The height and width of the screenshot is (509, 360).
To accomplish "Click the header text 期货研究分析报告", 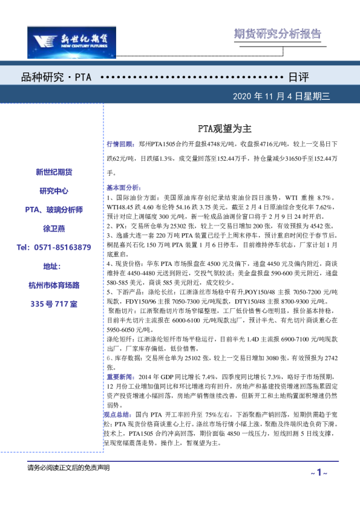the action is click(278, 34).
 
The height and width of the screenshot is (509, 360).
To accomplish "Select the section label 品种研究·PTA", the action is click(56, 79).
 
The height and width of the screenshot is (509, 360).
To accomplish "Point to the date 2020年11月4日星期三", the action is click(281, 96).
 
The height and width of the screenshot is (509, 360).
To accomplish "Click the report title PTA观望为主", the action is click(221, 129).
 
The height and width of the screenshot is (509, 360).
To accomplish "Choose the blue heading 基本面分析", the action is click(123, 187).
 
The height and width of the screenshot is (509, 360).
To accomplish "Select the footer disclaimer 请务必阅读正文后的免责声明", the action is click(68, 468).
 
